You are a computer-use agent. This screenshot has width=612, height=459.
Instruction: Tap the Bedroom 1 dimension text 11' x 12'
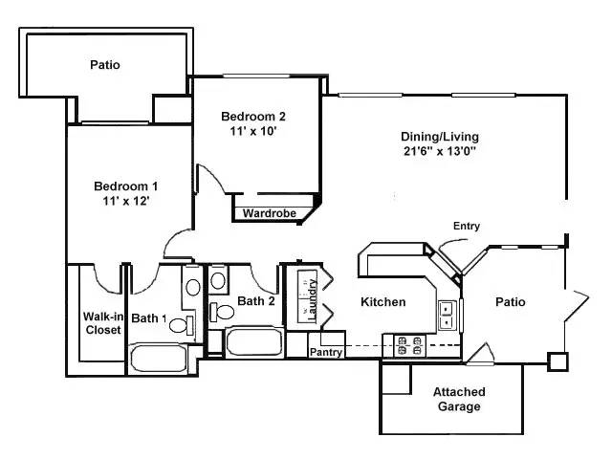(x=125, y=201)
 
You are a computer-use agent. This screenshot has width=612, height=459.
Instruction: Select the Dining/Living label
(x=440, y=136)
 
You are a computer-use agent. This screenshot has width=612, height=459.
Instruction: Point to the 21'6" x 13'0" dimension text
(x=440, y=151)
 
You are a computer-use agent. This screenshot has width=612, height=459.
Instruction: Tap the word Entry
(x=467, y=226)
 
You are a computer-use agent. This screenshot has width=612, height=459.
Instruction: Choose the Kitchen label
(x=382, y=302)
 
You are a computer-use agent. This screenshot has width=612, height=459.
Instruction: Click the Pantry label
(x=326, y=352)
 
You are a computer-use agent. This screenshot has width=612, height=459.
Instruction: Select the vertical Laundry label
(x=311, y=297)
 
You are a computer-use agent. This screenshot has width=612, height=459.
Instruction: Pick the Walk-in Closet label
(x=101, y=323)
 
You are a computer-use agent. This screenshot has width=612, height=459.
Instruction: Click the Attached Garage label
(x=459, y=399)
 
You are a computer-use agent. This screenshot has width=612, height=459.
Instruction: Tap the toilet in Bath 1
(x=179, y=324)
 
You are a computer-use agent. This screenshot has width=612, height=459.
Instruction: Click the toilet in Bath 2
(x=225, y=312)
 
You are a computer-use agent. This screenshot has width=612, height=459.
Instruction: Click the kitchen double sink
(x=447, y=314)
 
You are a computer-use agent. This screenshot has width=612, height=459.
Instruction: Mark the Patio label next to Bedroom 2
(x=105, y=65)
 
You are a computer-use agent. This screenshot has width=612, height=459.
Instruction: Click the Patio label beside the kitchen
(x=510, y=302)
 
